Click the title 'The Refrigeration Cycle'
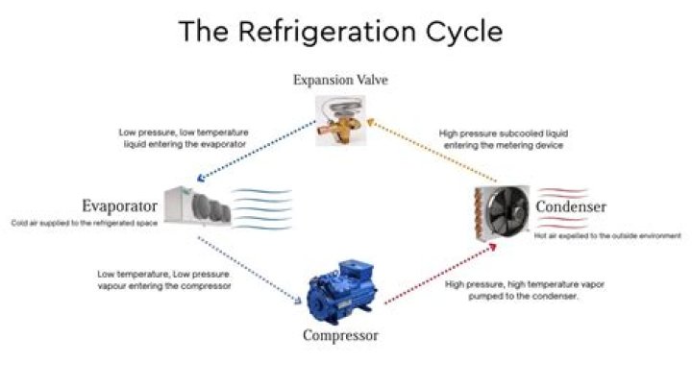click(x=341, y=31)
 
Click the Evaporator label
click(x=119, y=206)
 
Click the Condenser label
click(x=571, y=206)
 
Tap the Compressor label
click(x=340, y=336)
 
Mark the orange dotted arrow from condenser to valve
click(x=432, y=151)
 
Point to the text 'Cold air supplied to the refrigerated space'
click(x=84, y=223)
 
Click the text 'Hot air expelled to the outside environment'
click(x=607, y=235)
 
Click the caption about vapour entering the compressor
click(x=164, y=280)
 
